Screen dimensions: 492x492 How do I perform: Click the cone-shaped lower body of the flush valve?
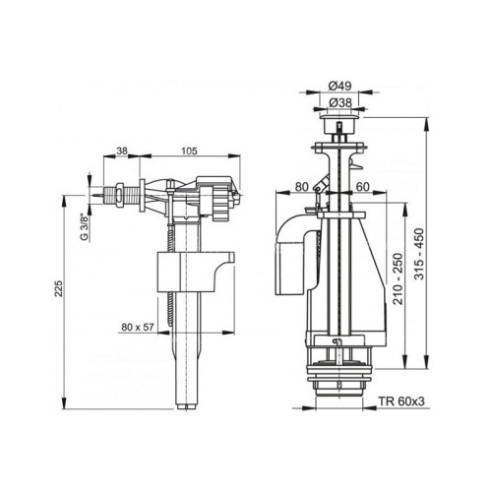coord(336,295)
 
